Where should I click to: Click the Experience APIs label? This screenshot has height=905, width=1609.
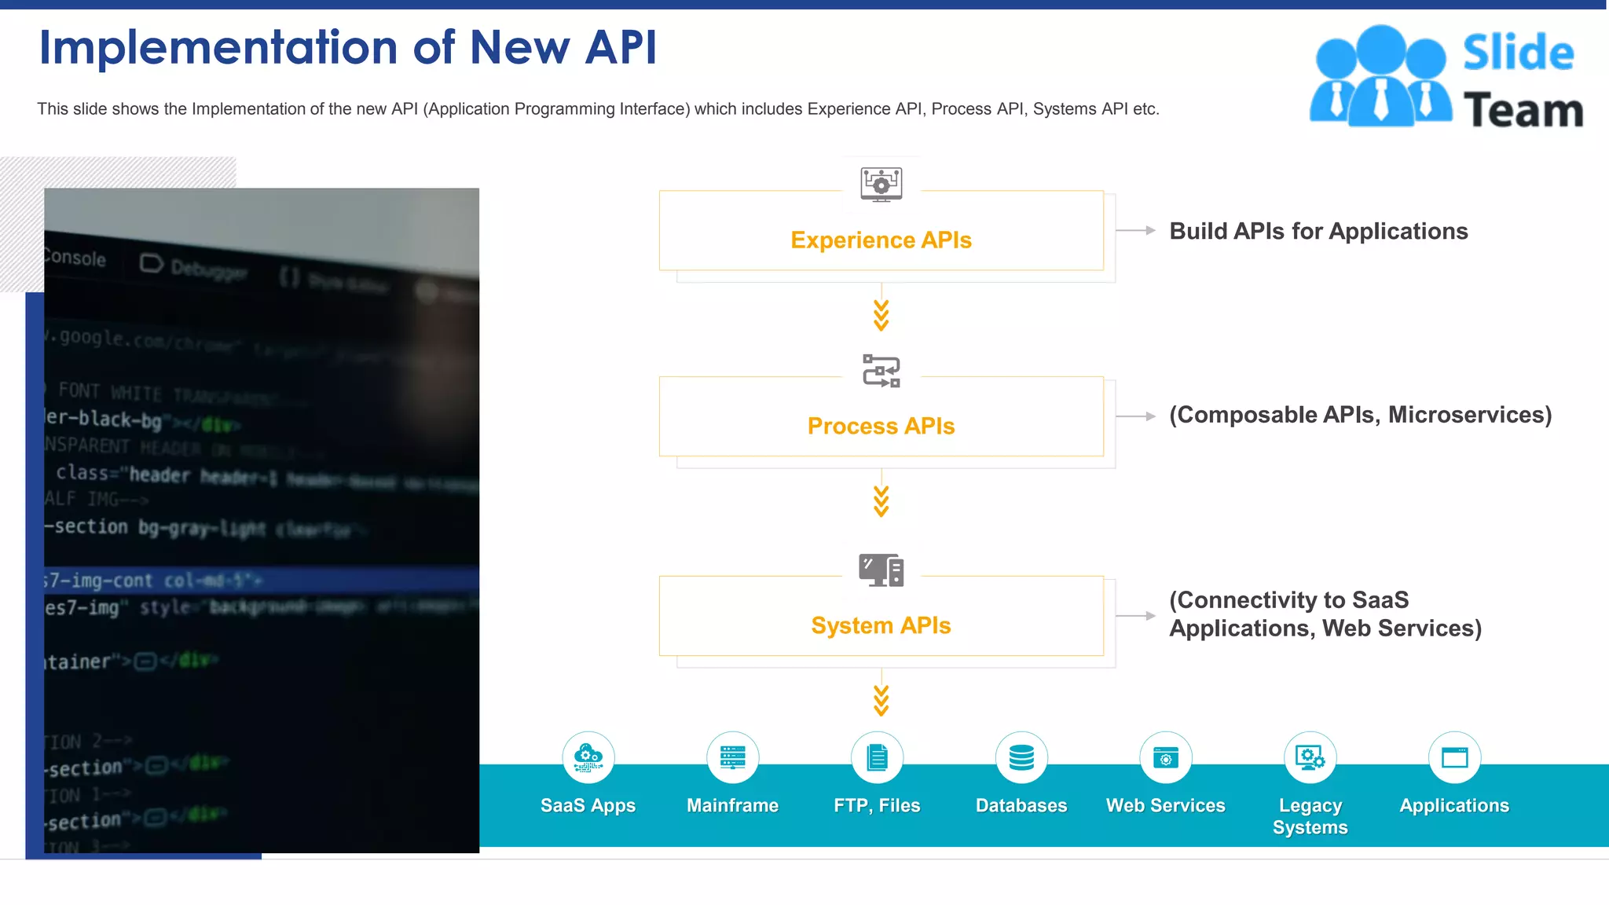(x=881, y=240)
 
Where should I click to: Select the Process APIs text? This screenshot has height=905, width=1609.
(x=881, y=426)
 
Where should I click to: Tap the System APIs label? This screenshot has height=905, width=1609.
(x=881, y=625)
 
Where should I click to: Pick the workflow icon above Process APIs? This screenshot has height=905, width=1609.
(x=881, y=371)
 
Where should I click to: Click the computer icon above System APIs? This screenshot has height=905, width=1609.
(x=881, y=570)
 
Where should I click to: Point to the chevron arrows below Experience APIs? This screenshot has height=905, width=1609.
(x=881, y=315)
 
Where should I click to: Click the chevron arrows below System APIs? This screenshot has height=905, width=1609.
(x=881, y=700)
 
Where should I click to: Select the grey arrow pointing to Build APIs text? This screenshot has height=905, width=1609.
(x=1136, y=230)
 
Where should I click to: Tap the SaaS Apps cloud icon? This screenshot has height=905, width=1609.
(x=588, y=757)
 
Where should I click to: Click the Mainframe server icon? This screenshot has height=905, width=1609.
(x=732, y=757)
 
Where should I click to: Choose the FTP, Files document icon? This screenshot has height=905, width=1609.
(x=877, y=757)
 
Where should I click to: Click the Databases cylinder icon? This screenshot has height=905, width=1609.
(x=1021, y=757)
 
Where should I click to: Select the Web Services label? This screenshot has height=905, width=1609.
(x=1165, y=805)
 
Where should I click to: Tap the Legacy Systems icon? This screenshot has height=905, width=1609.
(x=1310, y=757)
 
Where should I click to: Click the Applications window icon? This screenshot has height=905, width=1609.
(x=1454, y=757)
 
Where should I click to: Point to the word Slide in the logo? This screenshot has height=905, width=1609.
(x=1518, y=53)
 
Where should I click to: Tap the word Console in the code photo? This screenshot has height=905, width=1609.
(x=75, y=258)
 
